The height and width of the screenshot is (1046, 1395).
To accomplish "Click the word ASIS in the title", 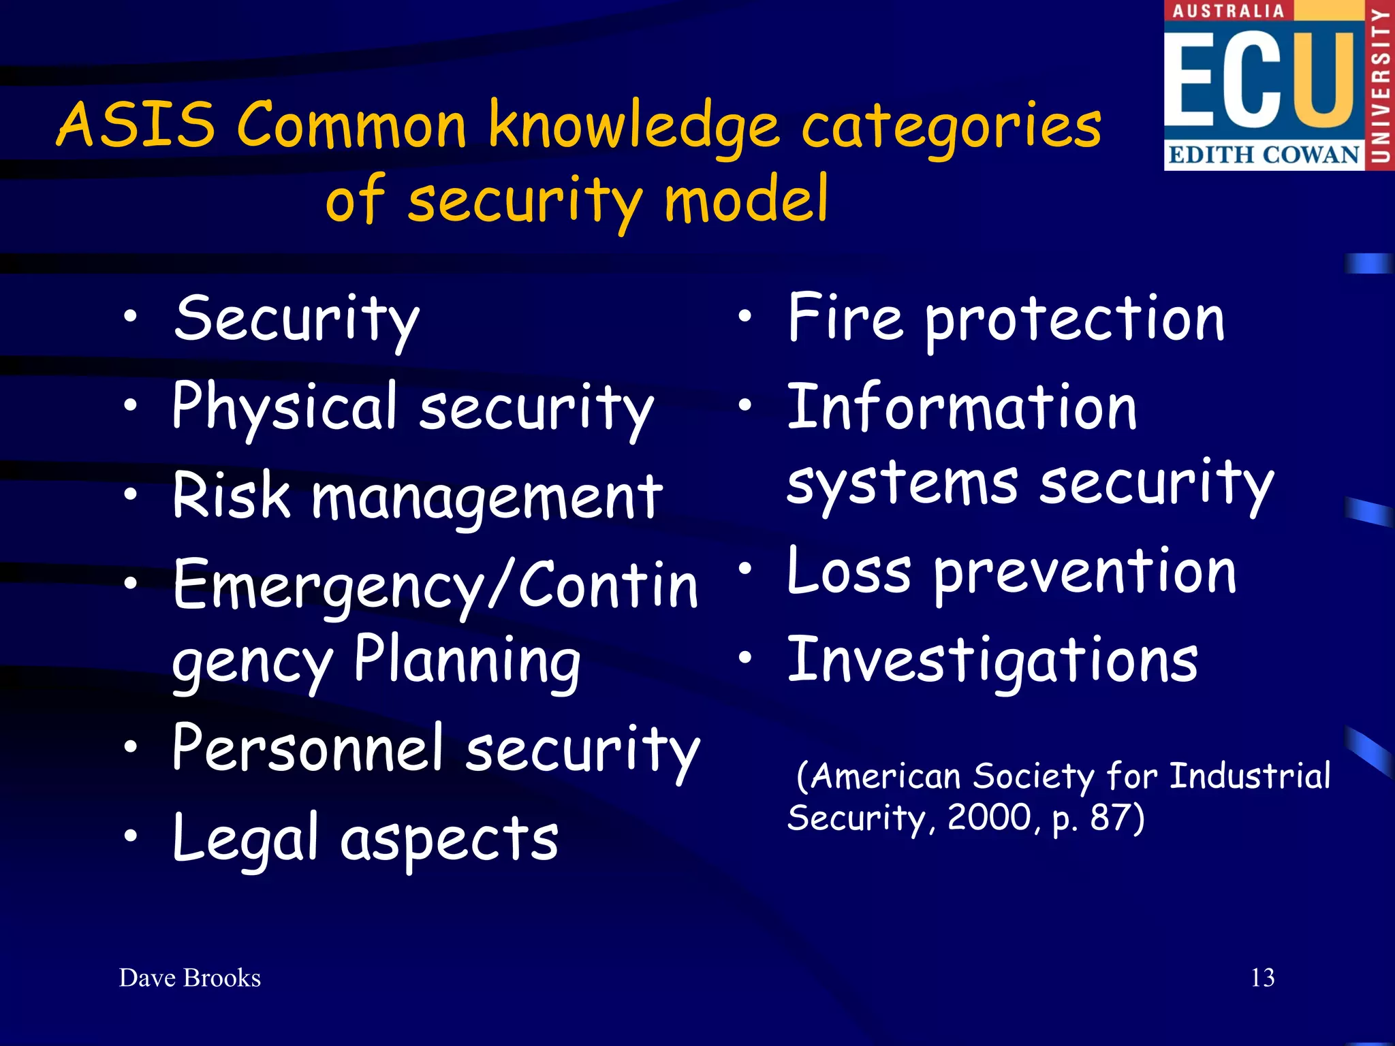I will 136,125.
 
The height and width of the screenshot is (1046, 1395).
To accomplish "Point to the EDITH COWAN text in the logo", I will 1264,155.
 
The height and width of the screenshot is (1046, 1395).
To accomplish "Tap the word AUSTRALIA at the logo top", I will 1228,11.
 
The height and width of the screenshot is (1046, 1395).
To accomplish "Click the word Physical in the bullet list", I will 285,407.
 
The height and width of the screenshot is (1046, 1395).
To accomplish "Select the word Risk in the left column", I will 232,496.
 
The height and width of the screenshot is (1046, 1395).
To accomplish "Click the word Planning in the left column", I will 467,660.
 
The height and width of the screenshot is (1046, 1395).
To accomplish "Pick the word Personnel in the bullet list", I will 308,748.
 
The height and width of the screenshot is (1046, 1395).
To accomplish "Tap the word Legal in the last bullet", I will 245,838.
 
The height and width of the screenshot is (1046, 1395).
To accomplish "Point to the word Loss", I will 849,571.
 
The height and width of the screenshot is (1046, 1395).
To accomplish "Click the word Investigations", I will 992,660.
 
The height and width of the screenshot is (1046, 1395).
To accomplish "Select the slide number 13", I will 1262,978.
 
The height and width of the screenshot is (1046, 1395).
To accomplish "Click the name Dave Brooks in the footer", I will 190,978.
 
